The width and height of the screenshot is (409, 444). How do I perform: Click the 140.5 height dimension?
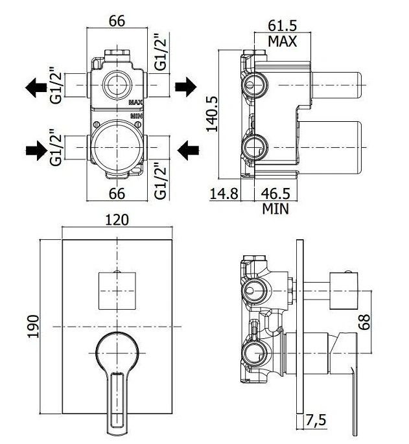(212, 114)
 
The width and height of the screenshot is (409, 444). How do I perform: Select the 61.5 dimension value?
(283, 26)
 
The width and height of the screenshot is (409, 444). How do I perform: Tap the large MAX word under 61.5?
(283, 41)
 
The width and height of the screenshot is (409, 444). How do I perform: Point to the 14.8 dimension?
(224, 194)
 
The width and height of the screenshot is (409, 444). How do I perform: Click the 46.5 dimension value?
(275, 194)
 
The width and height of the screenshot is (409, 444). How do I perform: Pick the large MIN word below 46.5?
(275, 209)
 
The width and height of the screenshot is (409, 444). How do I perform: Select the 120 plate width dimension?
(117, 220)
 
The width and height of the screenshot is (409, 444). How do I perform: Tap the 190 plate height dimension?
(34, 326)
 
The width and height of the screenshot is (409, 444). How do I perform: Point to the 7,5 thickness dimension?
(316, 420)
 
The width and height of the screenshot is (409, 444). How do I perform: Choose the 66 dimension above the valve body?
(117, 21)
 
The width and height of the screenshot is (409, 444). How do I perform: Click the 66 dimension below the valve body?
(117, 194)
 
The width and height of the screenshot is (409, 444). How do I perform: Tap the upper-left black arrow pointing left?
(36, 88)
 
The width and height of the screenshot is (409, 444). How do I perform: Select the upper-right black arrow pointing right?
(185, 86)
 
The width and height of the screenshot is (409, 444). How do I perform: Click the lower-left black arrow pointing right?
(36, 150)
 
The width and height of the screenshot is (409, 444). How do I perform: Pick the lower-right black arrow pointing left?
(189, 150)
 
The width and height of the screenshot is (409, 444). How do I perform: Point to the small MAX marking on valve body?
(135, 102)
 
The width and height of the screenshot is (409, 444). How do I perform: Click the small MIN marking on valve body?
(137, 116)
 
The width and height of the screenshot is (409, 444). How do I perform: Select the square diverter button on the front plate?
(117, 290)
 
